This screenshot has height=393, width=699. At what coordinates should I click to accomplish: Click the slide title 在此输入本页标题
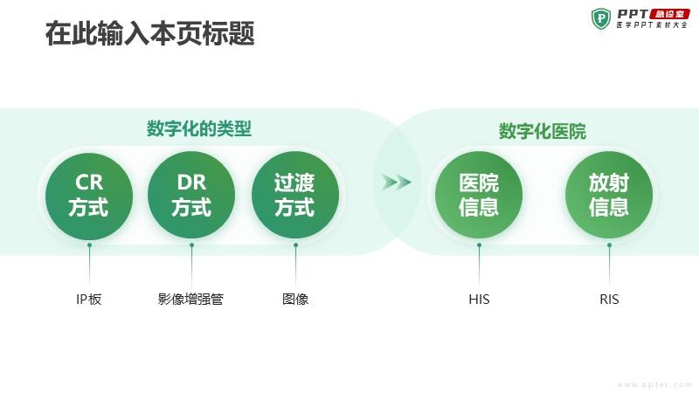pyautogui.click(x=149, y=33)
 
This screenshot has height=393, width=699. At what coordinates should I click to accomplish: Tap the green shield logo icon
pyautogui.click(x=601, y=18)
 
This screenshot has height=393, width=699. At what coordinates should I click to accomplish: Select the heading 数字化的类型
pyautogui.click(x=199, y=128)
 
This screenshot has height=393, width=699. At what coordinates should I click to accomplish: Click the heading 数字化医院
pyautogui.click(x=542, y=132)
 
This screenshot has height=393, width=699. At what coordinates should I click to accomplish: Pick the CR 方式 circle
pyautogui.click(x=89, y=195)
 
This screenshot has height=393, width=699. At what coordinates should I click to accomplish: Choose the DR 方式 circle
pyautogui.click(x=191, y=195)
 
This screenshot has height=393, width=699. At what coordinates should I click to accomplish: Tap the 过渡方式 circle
pyautogui.click(x=295, y=195)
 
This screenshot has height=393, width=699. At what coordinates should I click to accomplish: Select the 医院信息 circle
pyautogui.click(x=479, y=195)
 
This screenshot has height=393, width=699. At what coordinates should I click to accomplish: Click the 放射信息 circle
pyautogui.click(x=609, y=195)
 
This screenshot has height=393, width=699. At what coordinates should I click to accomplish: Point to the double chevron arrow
pyautogui.click(x=397, y=182)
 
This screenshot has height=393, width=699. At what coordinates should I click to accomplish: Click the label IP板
pyautogui.click(x=89, y=299)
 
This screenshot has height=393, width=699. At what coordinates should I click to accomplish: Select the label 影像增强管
pyautogui.click(x=190, y=299)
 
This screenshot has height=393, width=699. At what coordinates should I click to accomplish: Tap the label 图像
pyautogui.click(x=295, y=299)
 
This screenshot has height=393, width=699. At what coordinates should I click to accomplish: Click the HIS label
pyautogui.click(x=479, y=299)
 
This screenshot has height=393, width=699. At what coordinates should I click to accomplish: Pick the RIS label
pyautogui.click(x=609, y=299)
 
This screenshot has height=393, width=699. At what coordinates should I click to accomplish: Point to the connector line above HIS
pyautogui.click(x=479, y=265)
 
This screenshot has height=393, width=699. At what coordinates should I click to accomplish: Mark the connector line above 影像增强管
pyautogui.click(x=191, y=265)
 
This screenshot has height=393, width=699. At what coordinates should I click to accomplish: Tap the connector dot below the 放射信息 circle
pyautogui.click(x=609, y=245)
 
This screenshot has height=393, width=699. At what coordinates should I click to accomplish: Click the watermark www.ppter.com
pyautogui.click(x=654, y=384)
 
